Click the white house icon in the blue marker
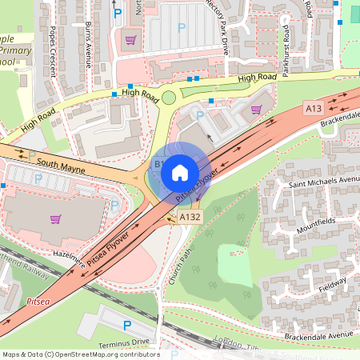tap(180, 172)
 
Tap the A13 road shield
tap(313, 107)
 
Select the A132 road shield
tap(190, 217)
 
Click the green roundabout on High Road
tap(169, 98)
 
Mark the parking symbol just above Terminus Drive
tap(127, 326)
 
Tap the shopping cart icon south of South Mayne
tap(55, 219)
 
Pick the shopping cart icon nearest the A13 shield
tap(256, 110)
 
